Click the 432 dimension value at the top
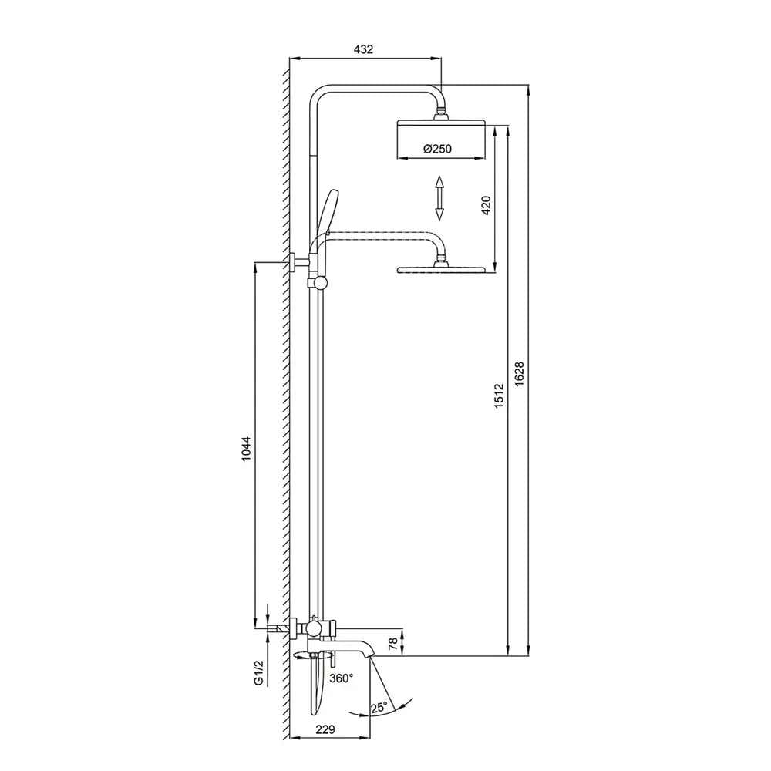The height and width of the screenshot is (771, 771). point(363,49)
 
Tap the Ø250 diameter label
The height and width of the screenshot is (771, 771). point(437,149)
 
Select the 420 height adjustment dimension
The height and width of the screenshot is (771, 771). point(486,205)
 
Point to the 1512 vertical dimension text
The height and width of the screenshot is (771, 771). point(499,396)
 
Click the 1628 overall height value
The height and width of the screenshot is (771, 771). point(520,375)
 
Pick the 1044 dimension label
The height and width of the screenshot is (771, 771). point(247,448)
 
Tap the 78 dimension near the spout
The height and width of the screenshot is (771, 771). point(393,644)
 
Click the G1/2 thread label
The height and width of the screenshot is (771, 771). point(258,672)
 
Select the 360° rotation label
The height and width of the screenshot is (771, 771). point(342,678)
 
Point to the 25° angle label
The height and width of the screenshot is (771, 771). point(379,708)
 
